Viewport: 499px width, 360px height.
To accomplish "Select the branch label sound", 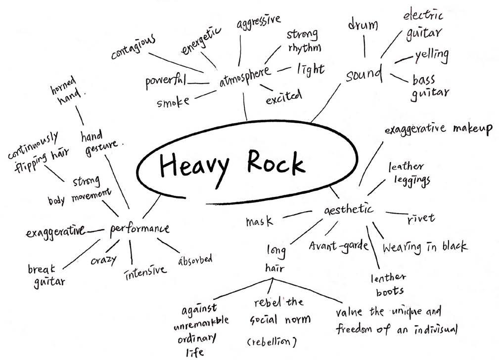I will (x=364, y=75).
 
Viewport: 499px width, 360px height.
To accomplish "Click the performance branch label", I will (x=139, y=228).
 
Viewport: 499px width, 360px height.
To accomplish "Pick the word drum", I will (x=363, y=25).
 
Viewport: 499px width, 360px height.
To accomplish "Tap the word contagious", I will (x=133, y=46).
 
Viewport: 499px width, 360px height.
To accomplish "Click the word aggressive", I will (x=258, y=22).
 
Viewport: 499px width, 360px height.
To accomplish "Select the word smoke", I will (x=173, y=102).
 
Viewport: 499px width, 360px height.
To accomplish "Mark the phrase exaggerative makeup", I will (x=438, y=130).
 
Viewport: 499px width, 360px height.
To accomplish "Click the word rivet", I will (x=420, y=218).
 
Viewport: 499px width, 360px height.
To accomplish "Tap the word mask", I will (x=259, y=221).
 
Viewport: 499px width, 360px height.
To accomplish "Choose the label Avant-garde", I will (x=339, y=246).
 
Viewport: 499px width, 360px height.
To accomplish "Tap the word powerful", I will (x=165, y=81).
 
